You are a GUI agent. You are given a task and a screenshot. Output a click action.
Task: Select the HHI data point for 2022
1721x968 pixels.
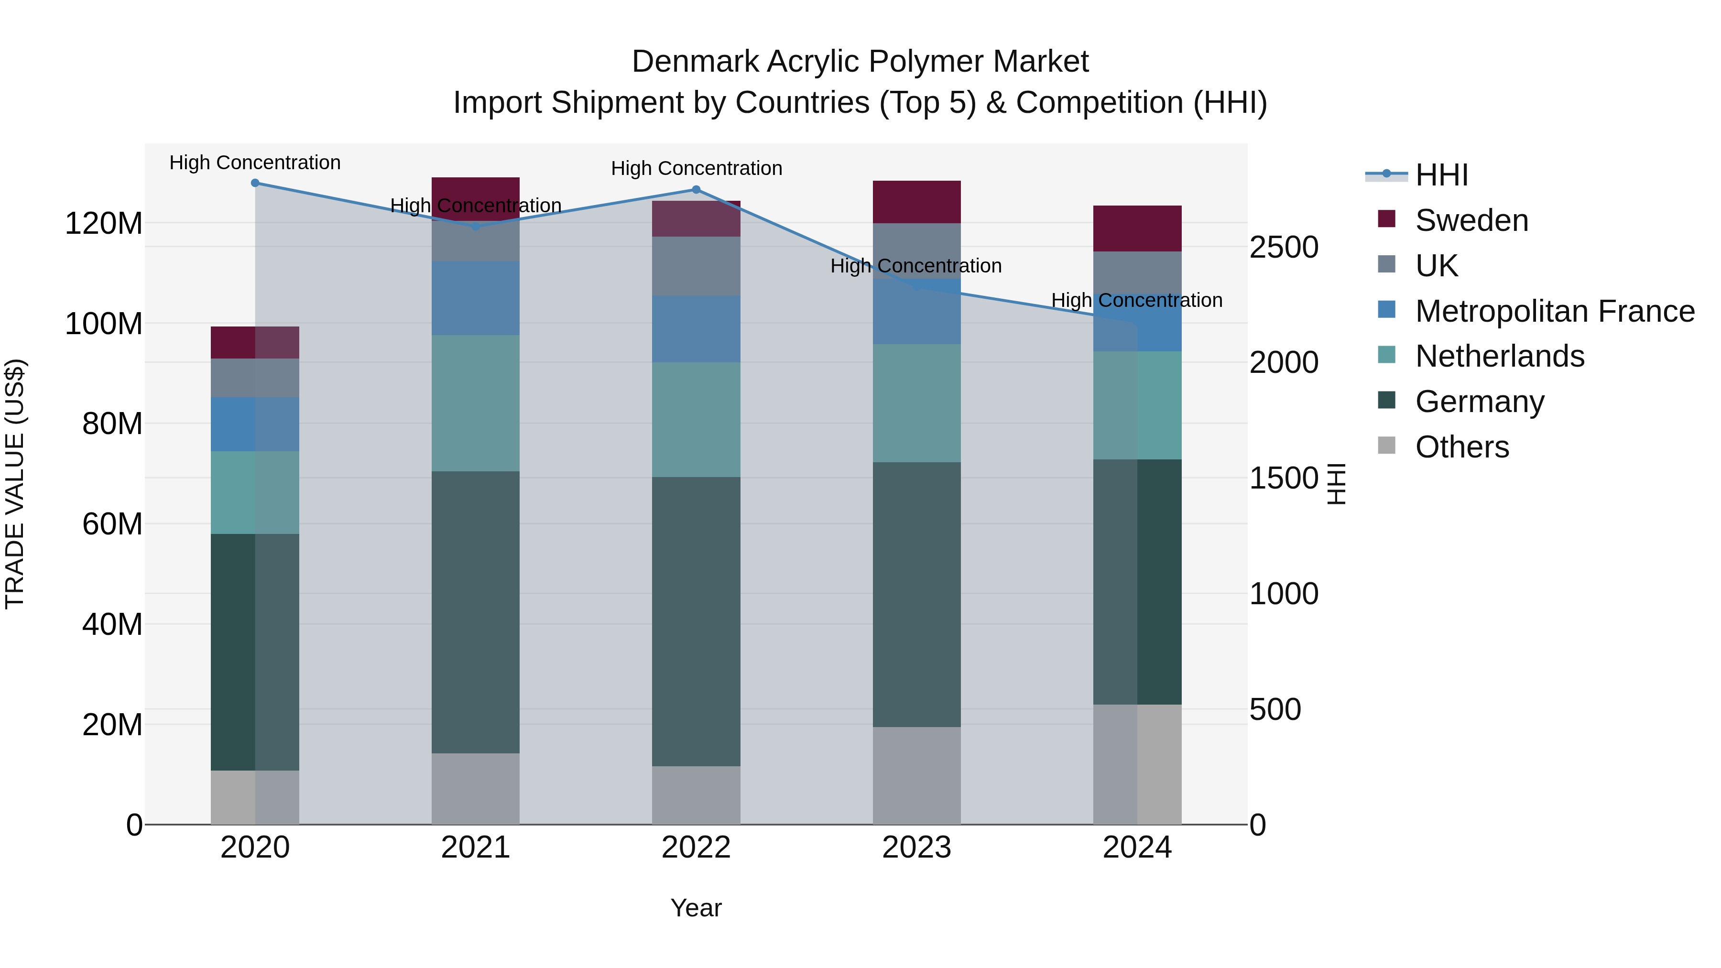pos(696,190)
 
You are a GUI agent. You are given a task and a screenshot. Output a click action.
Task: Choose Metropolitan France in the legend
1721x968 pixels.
pos(1554,311)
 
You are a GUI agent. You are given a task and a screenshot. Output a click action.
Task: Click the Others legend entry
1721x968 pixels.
pos(1462,447)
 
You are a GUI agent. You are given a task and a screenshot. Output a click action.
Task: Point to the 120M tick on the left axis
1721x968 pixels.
pos(104,223)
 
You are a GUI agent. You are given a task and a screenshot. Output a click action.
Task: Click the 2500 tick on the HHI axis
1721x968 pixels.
pos(1284,247)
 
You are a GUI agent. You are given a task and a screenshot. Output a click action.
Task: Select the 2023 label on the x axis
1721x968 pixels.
pos(916,848)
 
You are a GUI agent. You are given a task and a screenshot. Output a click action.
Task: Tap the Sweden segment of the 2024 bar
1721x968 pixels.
pos(1137,228)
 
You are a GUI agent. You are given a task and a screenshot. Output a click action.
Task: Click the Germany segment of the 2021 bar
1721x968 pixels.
pos(476,612)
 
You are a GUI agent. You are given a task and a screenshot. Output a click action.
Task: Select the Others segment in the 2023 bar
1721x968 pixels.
pos(916,775)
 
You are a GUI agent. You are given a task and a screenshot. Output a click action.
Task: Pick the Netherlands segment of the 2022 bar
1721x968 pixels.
pos(696,420)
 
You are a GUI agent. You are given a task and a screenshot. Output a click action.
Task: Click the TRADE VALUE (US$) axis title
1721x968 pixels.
pos(15,484)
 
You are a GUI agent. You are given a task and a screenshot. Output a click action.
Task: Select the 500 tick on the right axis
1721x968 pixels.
pos(1274,709)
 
